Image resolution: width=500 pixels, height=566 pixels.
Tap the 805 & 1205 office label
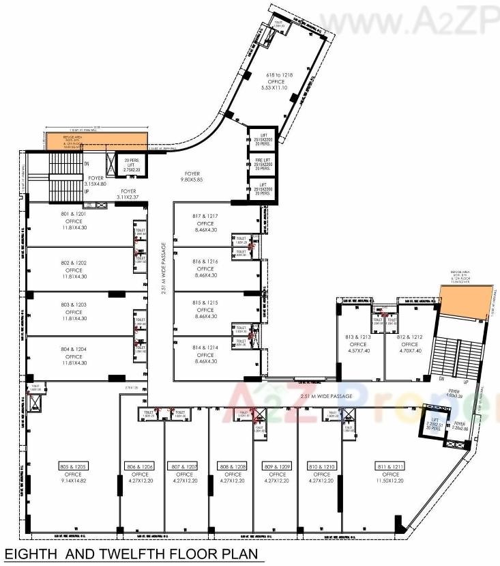pos(73,467)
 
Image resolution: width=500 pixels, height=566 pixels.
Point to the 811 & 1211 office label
pos(390,467)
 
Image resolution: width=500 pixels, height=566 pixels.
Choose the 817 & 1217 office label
pos(205,216)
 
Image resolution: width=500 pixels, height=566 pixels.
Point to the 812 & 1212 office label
pos(410,337)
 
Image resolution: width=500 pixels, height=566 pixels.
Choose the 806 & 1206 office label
pos(140,467)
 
